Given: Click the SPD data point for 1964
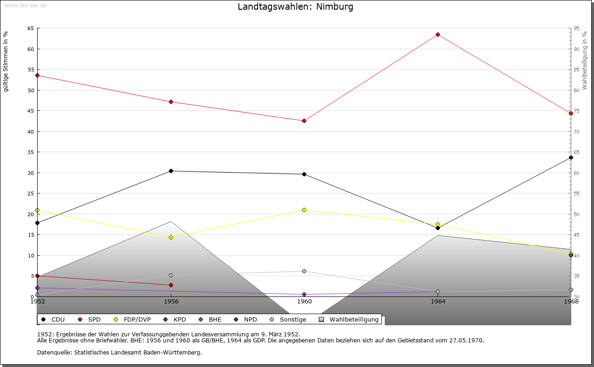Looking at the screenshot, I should coord(438,35).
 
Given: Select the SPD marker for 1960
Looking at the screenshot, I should coord(304,121).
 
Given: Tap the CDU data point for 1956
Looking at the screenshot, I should coord(171,171).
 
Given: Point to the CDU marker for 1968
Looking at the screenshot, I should coord(571,158).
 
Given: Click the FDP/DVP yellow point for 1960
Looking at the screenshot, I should coord(304,210).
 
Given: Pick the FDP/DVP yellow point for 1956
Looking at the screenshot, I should coord(171,238).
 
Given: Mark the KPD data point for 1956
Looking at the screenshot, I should coord(171,285).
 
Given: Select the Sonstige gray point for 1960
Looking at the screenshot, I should coord(304,271).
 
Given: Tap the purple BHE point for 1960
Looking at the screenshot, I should coord(304,295).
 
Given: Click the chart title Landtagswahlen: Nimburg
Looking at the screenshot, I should coord(295,7).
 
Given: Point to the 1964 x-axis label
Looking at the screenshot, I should coord(438,302).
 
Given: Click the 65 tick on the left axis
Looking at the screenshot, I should coord(30,28).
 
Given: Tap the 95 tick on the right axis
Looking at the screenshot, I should coord(576,28).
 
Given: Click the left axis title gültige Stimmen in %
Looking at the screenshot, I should coord(6,61).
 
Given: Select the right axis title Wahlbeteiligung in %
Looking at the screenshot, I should coord(585,60).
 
